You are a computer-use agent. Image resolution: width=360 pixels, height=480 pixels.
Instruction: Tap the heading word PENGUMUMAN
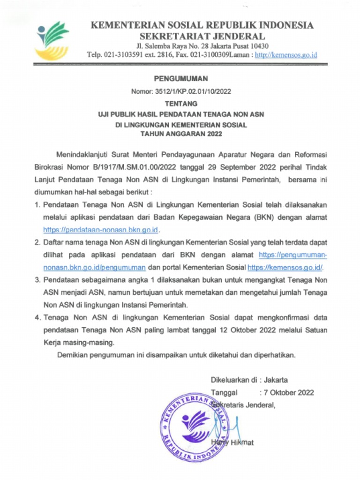click(180, 79)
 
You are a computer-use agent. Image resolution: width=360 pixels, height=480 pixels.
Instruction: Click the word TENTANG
click(180, 104)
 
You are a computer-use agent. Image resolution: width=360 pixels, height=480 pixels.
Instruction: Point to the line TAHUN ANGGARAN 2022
click(180, 134)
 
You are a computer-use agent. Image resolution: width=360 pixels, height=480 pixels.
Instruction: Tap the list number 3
click(37, 280)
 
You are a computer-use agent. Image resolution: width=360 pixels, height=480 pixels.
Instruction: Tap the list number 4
click(37, 317)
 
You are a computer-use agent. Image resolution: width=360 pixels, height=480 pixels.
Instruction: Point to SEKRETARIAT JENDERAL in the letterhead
click(202, 36)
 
